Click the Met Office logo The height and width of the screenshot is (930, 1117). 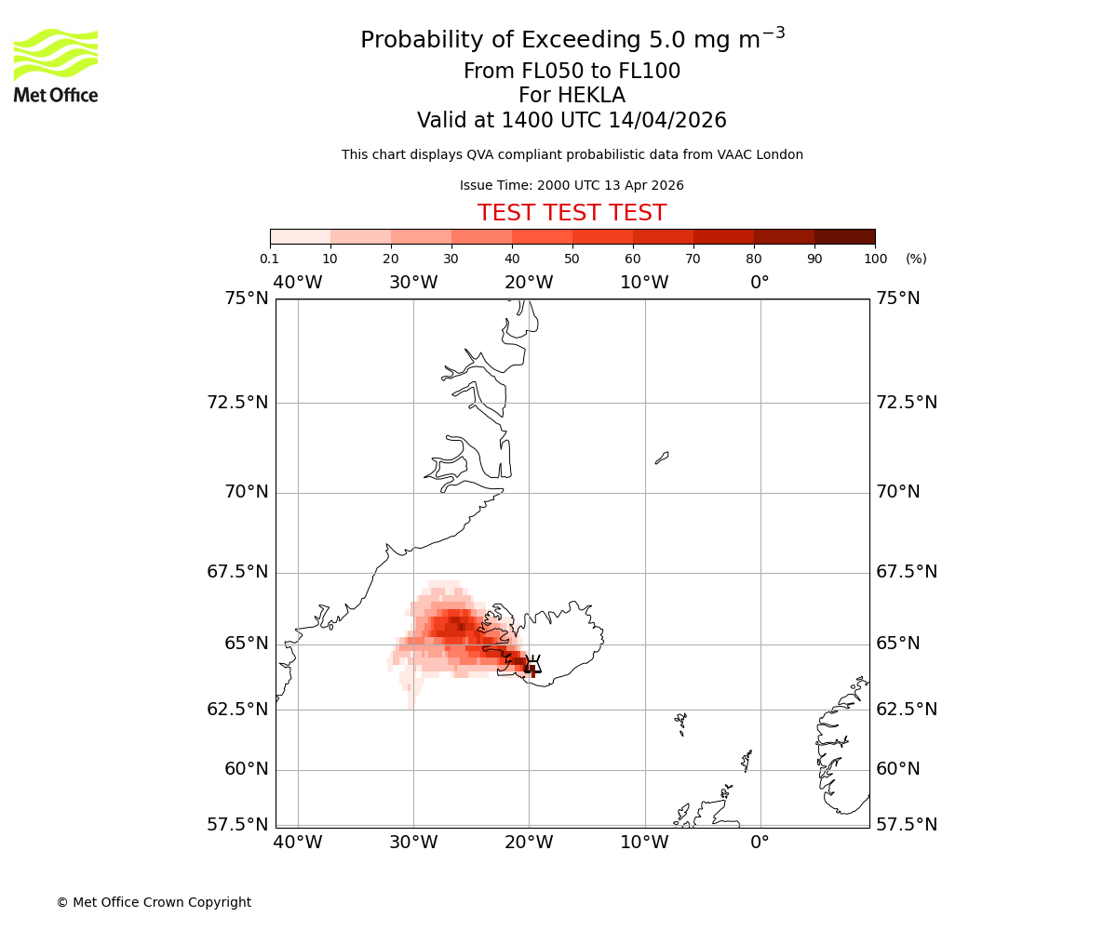coord(56,65)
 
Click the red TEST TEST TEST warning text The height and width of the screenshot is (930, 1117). coord(572,213)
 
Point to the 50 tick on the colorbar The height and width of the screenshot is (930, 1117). coord(572,259)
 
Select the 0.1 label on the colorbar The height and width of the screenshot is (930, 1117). coord(269,259)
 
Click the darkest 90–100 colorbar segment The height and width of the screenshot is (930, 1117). coord(844,236)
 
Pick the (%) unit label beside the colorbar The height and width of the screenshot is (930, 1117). coord(916,259)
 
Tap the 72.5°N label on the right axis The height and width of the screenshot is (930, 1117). coord(907,403)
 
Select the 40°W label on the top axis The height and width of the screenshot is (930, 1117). coord(298,283)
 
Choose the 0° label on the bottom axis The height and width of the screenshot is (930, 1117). coord(760,843)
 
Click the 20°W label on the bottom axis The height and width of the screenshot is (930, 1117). coord(529,843)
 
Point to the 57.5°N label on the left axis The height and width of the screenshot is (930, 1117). coord(237,825)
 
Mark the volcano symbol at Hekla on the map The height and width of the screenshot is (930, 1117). coord(532,664)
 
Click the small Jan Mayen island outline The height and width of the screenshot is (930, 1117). coord(662,458)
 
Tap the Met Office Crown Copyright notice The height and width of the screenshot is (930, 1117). coord(154,902)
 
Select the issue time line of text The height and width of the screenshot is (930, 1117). coord(572,185)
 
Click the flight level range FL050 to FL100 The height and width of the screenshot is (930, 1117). coord(572,72)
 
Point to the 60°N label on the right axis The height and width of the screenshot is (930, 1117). coord(898,769)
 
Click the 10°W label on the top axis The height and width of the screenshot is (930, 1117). coord(644,283)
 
